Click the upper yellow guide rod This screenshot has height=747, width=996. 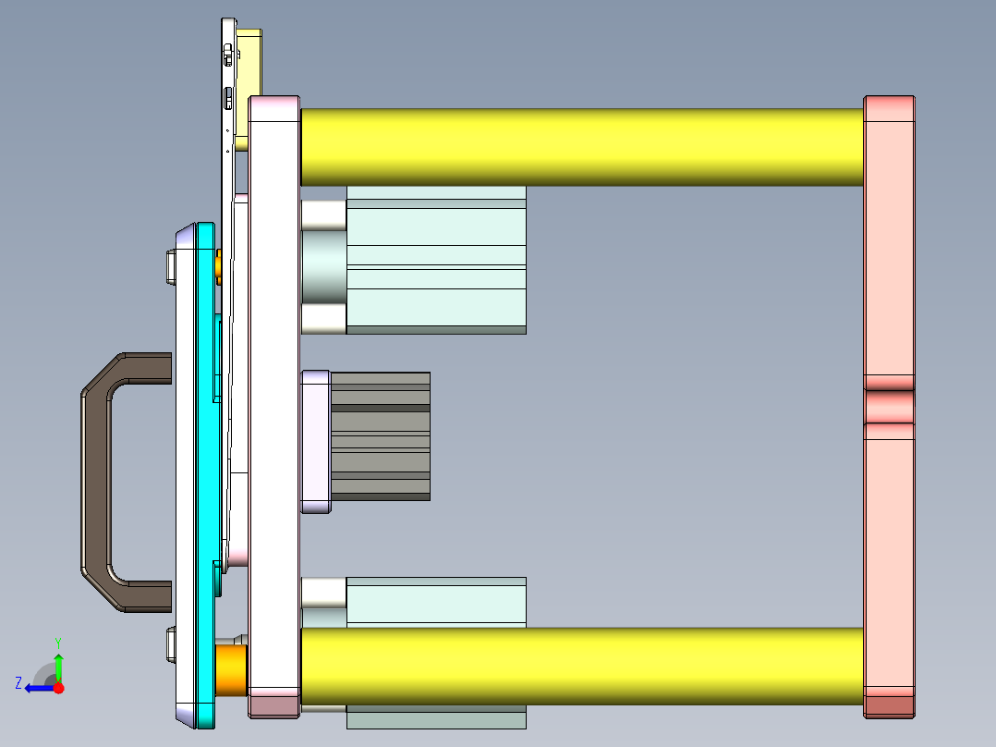(x=582, y=147)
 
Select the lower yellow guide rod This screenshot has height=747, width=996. (x=582, y=666)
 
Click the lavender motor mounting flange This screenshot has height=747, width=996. (x=316, y=442)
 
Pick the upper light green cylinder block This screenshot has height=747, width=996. (x=436, y=259)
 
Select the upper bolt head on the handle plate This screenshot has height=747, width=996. (x=170, y=266)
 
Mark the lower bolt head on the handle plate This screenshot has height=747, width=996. (x=170, y=644)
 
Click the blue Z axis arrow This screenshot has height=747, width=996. (x=37, y=688)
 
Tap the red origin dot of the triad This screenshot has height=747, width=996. (x=59, y=688)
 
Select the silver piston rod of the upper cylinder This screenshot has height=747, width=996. (x=323, y=268)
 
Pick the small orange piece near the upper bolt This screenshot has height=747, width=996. (x=218, y=267)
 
